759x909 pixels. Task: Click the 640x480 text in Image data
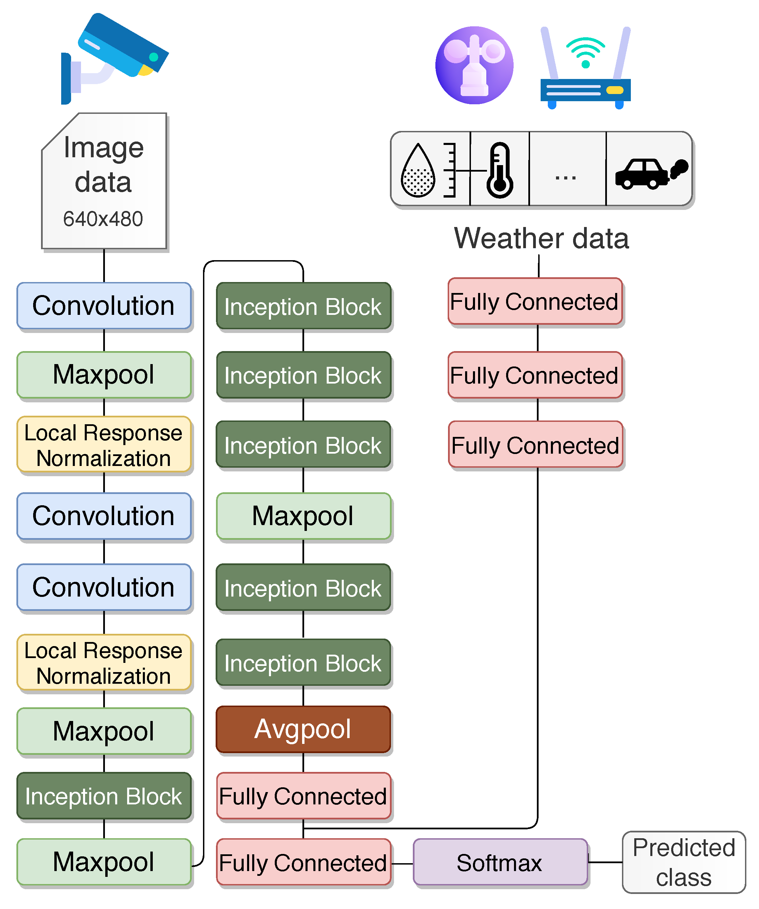coord(103,218)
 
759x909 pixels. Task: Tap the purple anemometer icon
coord(474,65)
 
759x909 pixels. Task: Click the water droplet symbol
coord(418,171)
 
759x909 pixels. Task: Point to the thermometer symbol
coord(500,170)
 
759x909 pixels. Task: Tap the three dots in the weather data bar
coord(566,177)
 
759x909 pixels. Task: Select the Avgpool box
coord(303,730)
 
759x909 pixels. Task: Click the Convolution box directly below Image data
coord(104,306)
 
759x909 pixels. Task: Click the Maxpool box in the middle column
coord(303,516)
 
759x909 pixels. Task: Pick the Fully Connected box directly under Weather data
coord(535,301)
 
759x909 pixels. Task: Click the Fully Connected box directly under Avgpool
coord(303,796)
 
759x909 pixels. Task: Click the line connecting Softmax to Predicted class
coord(605,862)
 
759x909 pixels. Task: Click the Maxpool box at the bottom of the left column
coord(104,861)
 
